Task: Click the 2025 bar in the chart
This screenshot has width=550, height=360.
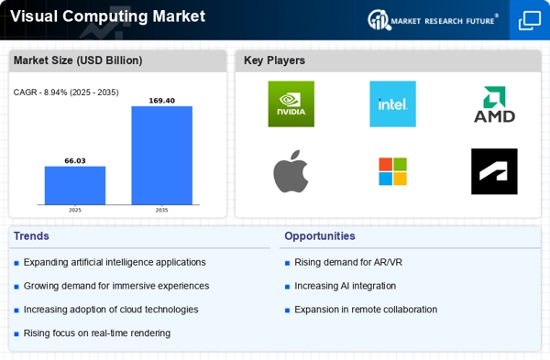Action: [x=75, y=185]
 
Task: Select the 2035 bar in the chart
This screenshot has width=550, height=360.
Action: [x=161, y=156]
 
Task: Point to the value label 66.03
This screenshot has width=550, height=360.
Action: [x=75, y=161]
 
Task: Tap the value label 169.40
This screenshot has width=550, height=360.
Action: [x=161, y=101]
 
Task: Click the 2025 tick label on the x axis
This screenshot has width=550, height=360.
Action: [x=75, y=210]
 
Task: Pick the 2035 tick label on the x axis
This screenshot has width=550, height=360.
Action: [x=161, y=210]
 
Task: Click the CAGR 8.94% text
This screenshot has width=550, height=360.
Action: [x=66, y=93]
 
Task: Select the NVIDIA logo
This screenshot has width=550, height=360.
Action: [x=291, y=104]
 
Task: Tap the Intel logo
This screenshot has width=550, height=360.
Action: [x=392, y=104]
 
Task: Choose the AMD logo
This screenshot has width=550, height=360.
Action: [x=494, y=104]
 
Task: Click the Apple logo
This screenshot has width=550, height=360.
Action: [x=291, y=171]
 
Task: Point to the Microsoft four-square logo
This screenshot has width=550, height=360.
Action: [x=392, y=171]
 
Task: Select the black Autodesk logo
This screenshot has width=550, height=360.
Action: [x=494, y=171]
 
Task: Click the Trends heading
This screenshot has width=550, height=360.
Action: [x=31, y=236]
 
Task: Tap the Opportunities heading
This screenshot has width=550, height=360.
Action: [x=320, y=236]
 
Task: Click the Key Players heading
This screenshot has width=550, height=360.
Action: [x=274, y=60]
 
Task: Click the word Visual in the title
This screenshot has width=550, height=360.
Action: [x=34, y=16]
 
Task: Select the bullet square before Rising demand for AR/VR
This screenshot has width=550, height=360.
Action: [x=287, y=263]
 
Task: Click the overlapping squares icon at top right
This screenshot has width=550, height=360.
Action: [x=530, y=20]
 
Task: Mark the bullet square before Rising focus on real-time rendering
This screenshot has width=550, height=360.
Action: [x=16, y=333]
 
